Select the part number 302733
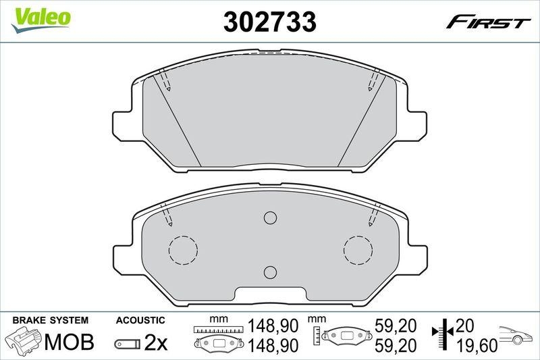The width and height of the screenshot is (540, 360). (x=270, y=23)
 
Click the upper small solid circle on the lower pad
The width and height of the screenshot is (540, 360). (x=270, y=217)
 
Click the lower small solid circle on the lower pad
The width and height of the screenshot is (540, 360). (x=270, y=272)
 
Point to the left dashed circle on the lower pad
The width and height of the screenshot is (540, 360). (x=182, y=250)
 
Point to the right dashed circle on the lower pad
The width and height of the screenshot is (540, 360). (x=358, y=250)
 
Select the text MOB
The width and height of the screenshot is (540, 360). (x=69, y=342)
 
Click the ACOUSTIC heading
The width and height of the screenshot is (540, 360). (x=140, y=319)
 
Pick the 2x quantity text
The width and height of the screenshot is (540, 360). (x=156, y=343)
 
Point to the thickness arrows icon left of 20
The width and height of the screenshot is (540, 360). (x=439, y=336)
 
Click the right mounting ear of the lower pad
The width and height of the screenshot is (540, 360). (x=418, y=256)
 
